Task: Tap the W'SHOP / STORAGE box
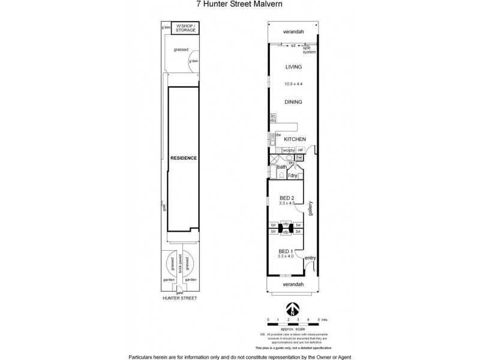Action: (185, 28)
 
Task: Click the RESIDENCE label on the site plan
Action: (184, 158)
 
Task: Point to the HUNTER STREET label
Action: (180, 298)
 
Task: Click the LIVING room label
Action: (293, 67)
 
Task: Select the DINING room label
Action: (293, 102)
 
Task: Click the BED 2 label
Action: (287, 198)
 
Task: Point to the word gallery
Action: (311, 208)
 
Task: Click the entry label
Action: (310, 258)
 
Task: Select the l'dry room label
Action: (293, 175)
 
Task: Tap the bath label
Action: (281, 167)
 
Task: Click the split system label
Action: (309, 49)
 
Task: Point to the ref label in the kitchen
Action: (301, 149)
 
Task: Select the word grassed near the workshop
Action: (181, 50)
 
